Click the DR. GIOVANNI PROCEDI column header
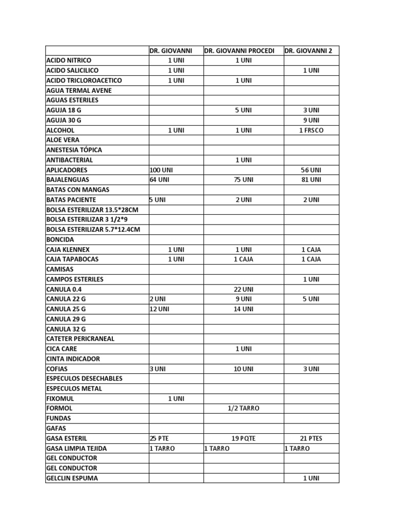tap(239, 51)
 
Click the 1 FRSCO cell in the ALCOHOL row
tap(311, 130)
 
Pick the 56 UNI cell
tap(311, 170)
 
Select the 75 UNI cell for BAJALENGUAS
tap(243, 180)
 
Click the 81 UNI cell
tap(311, 180)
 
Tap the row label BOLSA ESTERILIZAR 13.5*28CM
tap(92, 210)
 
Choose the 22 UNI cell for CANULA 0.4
tap(243, 289)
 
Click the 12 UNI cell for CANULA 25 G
tap(159, 309)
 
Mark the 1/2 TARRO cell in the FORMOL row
tap(243, 408)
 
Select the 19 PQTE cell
tap(243, 438)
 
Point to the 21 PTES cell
tap(311, 438)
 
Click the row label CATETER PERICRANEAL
tap(80, 339)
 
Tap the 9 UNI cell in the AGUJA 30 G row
tap(311, 120)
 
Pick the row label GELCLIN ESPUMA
tap(72, 478)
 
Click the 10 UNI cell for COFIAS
tap(243, 369)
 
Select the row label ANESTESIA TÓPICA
tap(74, 150)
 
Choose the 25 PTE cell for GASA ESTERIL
tap(159, 438)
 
